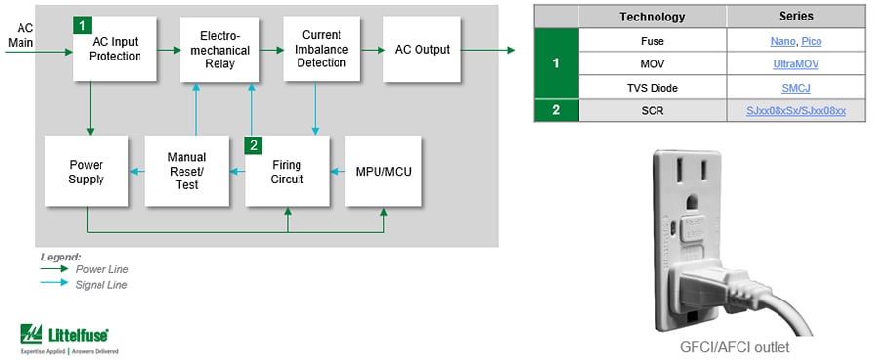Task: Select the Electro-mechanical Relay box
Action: [221, 49]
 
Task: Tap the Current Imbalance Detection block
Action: [321, 49]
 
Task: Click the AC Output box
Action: [422, 49]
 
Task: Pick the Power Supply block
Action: [86, 172]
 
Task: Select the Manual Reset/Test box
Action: [185, 172]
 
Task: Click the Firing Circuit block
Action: [286, 172]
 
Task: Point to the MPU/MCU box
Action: [385, 172]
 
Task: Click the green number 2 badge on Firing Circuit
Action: [254, 145]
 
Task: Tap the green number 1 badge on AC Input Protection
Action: [83, 23]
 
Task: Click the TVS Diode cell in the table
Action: [653, 88]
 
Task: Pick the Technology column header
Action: [653, 17]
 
